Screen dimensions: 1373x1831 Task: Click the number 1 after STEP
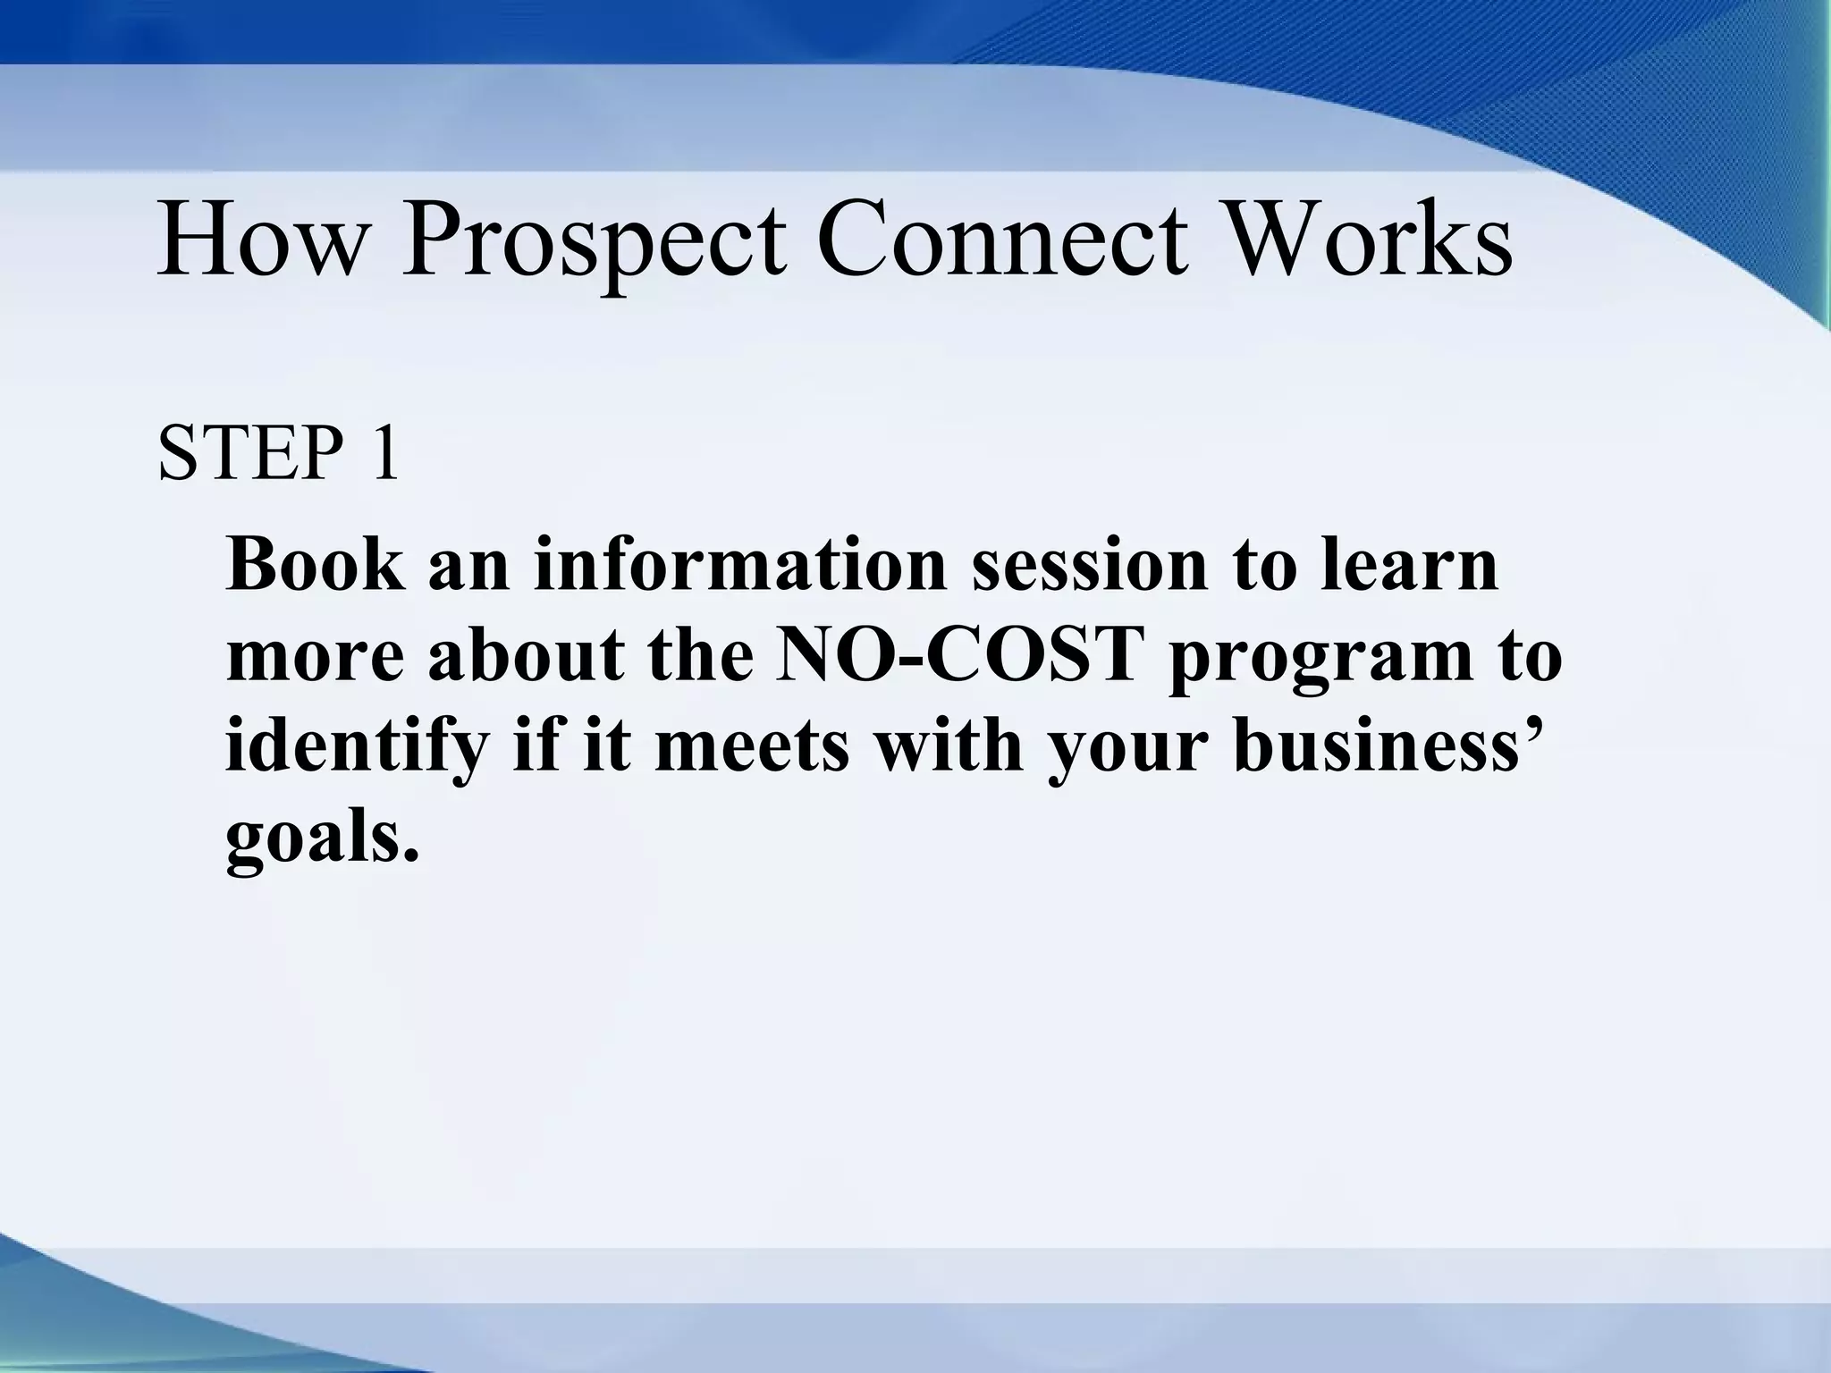coord(383,454)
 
